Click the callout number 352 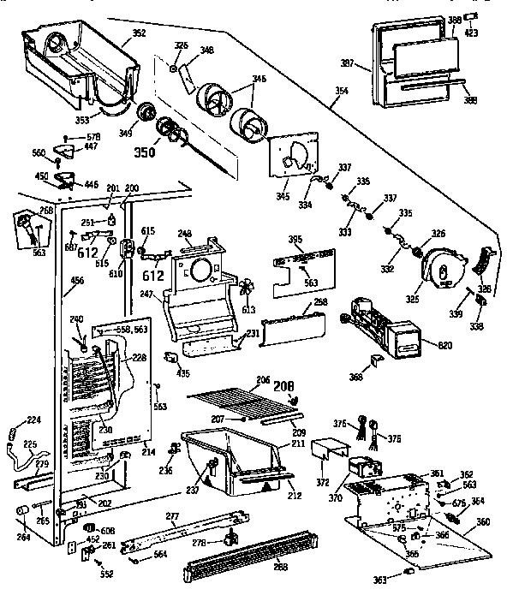tap(140, 34)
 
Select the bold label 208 tap(283, 387)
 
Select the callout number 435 tap(182, 374)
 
